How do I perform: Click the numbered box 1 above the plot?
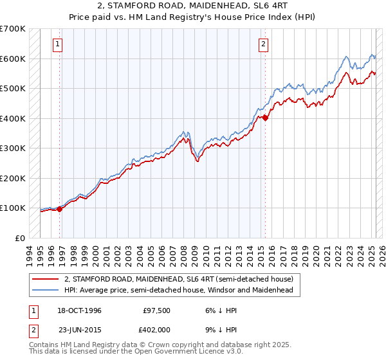pyautogui.click(x=58, y=44)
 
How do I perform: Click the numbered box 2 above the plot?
pyautogui.click(x=264, y=44)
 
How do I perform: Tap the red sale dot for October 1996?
pyautogui.click(x=60, y=208)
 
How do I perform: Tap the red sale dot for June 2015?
pyautogui.click(x=266, y=118)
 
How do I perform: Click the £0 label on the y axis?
pyautogui.click(x=20, y=238)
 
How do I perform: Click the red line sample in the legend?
pyautogui.click(x=46, y=279)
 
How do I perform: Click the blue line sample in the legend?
pyautogui.click(x=46, y=290)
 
